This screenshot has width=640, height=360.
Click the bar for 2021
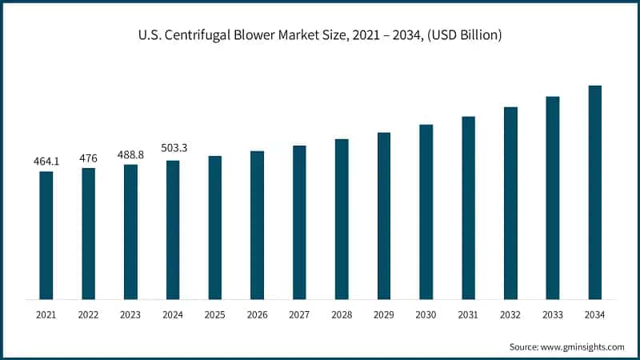[x=46, y=235]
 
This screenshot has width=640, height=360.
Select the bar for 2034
[x=594, y=192]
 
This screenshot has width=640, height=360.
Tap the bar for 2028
[x=342, y=219]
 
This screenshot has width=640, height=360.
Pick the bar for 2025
[x=215, y=227]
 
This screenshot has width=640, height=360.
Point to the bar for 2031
[x=468, y=208]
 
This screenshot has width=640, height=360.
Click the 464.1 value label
[x=46, y=162]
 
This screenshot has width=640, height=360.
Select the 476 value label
[x=88, y=158]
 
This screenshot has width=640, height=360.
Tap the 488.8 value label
[x=130, y=154]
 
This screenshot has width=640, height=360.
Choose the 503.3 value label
[x=173, y=150]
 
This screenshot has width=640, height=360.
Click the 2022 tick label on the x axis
[x=88, y=316]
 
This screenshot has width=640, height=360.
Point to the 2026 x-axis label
[x=257, y=316]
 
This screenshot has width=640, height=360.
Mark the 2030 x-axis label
[x=426, y=316]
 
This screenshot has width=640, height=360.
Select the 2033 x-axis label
[x=552, y=316]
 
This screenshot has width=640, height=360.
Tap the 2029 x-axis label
[x=383, y=316]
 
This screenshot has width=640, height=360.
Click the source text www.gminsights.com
[x=582, y=346]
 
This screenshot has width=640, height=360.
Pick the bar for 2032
[x=510, y=203]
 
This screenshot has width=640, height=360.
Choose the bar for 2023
[x=130, y=232]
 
